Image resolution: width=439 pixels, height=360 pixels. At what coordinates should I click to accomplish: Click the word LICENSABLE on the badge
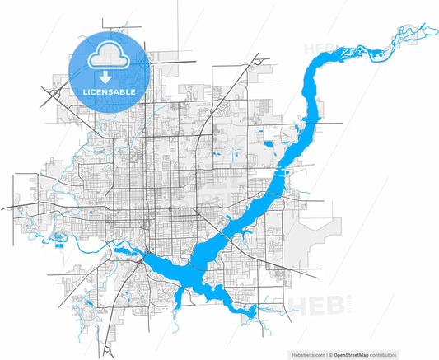coord(110,91)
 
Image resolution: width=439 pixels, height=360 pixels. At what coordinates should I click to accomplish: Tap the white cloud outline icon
coord(110,55)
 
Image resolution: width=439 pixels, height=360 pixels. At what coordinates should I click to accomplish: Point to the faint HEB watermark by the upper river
coord(320,49)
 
